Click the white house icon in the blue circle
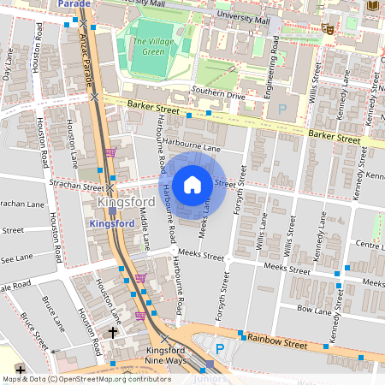[192, 185]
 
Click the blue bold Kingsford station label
[112, 222]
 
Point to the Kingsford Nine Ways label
[166, 356]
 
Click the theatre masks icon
[327, 28]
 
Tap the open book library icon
[372, 5]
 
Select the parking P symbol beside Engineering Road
[282, 109]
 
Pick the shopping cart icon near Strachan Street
[110, 152]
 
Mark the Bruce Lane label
[53, 313]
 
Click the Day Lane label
[9, 64]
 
